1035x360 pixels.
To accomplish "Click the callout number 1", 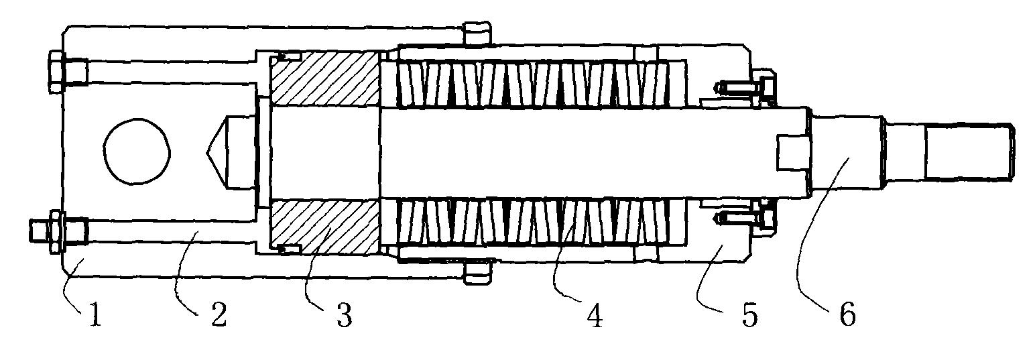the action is click(x=95, y=314).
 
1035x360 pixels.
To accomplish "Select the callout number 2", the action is click(x=219, y=314).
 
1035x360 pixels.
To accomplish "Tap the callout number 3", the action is click(x=345, y=314).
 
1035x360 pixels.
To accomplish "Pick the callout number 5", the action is click(x=749, y=314).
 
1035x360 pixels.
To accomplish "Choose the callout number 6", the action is click(x=847, y=314).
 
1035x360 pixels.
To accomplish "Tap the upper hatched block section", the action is click(x=324, y=79).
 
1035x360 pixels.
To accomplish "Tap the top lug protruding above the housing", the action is click(x=476, y=34).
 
